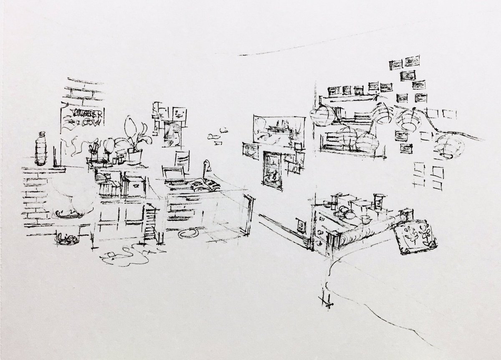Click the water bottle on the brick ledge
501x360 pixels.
click(x=41, y=150)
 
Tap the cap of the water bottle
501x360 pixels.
click(x=41, y=134)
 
